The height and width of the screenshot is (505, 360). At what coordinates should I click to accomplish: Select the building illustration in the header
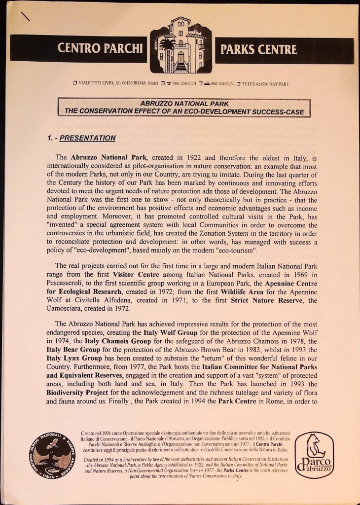180,45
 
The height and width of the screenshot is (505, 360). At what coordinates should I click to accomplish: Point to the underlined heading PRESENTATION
87,138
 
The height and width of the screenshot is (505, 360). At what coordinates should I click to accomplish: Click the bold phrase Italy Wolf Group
157,333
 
